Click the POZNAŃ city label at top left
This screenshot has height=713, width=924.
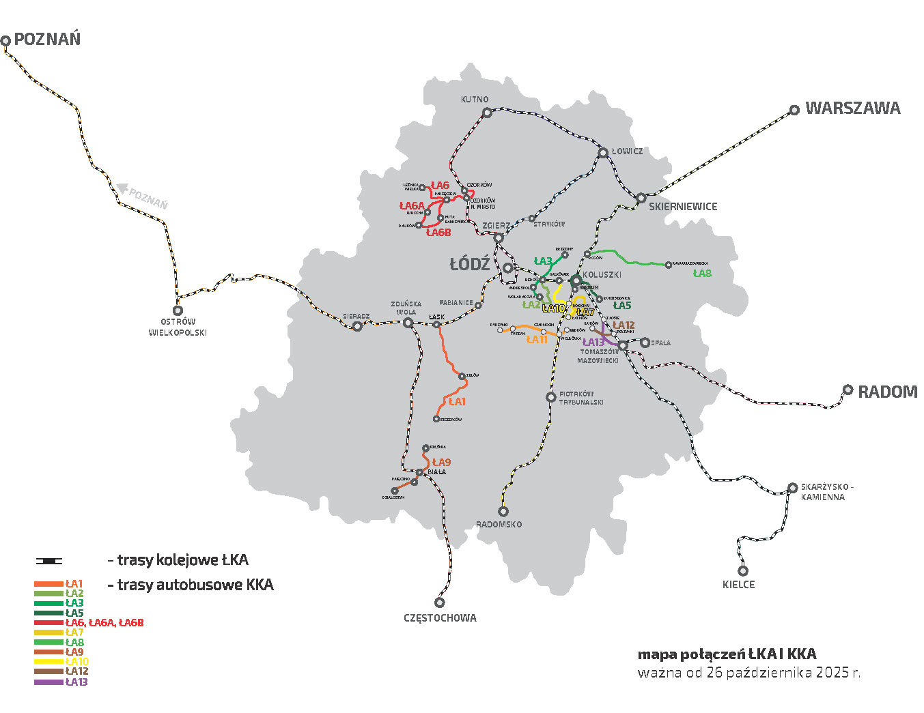[47, 39]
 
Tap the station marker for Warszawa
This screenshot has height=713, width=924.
[794, 110]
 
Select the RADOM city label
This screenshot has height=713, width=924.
[887, 392]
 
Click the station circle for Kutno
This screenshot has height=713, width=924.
[486, 113]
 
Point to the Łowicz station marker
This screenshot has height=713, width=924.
[603, 153]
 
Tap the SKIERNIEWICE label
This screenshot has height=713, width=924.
[683, 206]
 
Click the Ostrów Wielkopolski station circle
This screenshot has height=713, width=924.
[178, 310]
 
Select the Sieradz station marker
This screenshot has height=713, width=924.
[356, 326]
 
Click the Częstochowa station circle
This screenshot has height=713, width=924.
[440, 602]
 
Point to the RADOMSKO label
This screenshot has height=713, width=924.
[499, 524]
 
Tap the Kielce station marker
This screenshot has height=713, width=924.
[743, 571]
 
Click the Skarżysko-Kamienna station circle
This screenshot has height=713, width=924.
[792, 488]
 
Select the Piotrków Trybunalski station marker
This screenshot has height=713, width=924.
[551, 397]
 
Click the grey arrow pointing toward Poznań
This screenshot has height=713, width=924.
[123, 186]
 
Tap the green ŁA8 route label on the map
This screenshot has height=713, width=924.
[702, 274]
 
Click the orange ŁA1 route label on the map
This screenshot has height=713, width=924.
[457, 401]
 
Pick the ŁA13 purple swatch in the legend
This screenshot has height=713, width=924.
[48, 682]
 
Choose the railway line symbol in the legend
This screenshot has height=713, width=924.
[49, 561]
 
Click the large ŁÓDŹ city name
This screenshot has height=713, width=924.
[470, 264]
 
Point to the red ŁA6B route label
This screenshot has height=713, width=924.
[438, 233]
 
